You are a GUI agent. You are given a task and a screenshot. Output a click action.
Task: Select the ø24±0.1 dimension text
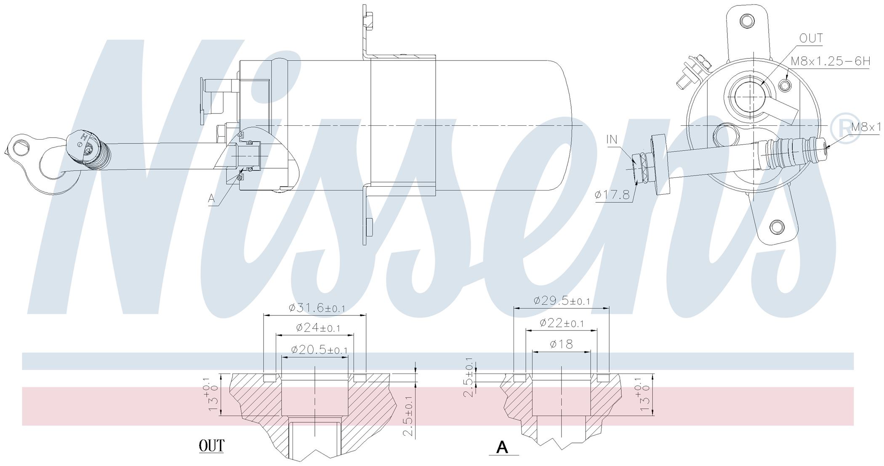[x=318, y=328]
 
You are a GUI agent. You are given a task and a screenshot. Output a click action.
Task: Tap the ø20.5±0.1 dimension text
[x=319, y=349]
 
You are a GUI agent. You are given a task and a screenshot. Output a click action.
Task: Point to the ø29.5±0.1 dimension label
[x=562, y=301]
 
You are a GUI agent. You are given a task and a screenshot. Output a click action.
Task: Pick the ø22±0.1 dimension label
[x=562, y=323]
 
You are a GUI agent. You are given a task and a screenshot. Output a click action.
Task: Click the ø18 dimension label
[x=562, y=344]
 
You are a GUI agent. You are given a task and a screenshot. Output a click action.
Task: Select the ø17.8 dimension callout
[x=612, y=195]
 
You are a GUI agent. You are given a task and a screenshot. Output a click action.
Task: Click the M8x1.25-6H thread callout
[x=830, y=62]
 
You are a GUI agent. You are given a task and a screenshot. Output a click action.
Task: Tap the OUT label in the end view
[x=811, y=38]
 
